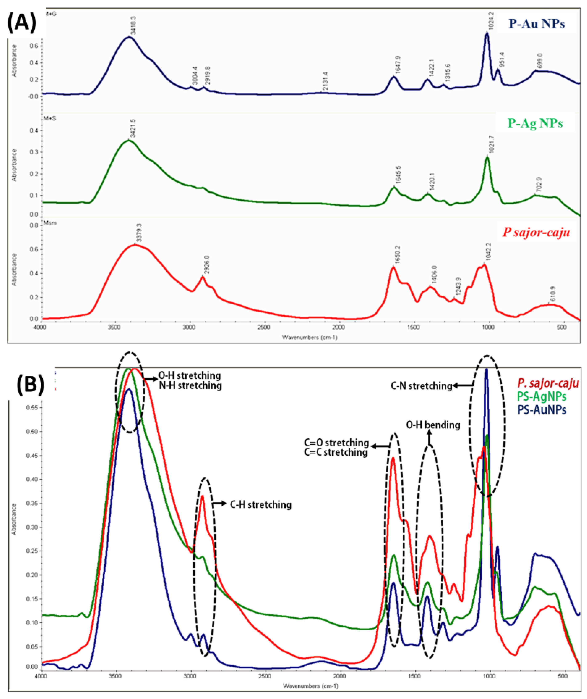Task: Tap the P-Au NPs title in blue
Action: point(537,24)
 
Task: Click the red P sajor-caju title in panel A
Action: point(536,232)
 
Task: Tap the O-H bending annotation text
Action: point(433,425)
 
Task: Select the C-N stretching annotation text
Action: point(421,386)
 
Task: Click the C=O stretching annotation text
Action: point(336,443)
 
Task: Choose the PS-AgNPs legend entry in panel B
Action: point(541,397)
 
